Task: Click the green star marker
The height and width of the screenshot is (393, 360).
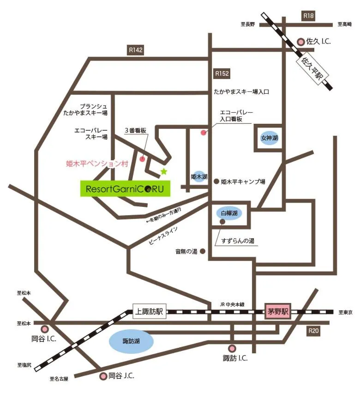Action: tap(163, 172)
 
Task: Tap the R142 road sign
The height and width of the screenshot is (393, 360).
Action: tap(136, 50)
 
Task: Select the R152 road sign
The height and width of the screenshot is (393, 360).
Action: tap(222, 73)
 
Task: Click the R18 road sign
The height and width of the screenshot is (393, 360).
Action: tap(308, 16)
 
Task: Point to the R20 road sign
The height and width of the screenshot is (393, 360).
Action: tap(314, 331)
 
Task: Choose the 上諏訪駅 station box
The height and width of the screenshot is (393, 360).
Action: tap(149, 312)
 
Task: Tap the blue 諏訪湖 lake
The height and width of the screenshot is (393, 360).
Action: tap(131, 342)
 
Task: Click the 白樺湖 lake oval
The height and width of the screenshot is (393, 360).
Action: tap(229, 213)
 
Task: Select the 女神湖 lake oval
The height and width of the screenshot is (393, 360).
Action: tap(270, 138)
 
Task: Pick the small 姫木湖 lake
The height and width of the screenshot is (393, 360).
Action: tap(199, 177)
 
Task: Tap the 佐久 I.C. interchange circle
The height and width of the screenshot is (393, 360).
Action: tap(301, 42)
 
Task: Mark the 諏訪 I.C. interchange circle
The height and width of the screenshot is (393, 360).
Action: tap(232, 349)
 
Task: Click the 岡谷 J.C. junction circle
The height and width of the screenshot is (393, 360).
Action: tap(103, 376)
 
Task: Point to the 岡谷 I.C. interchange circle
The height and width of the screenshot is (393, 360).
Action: tap(45, 329)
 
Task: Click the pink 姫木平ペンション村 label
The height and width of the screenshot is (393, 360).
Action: tap(96, 163)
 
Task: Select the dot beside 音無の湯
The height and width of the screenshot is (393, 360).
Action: tap(202, 252)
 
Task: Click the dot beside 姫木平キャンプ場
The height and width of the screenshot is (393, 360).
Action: tap(216, 182)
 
